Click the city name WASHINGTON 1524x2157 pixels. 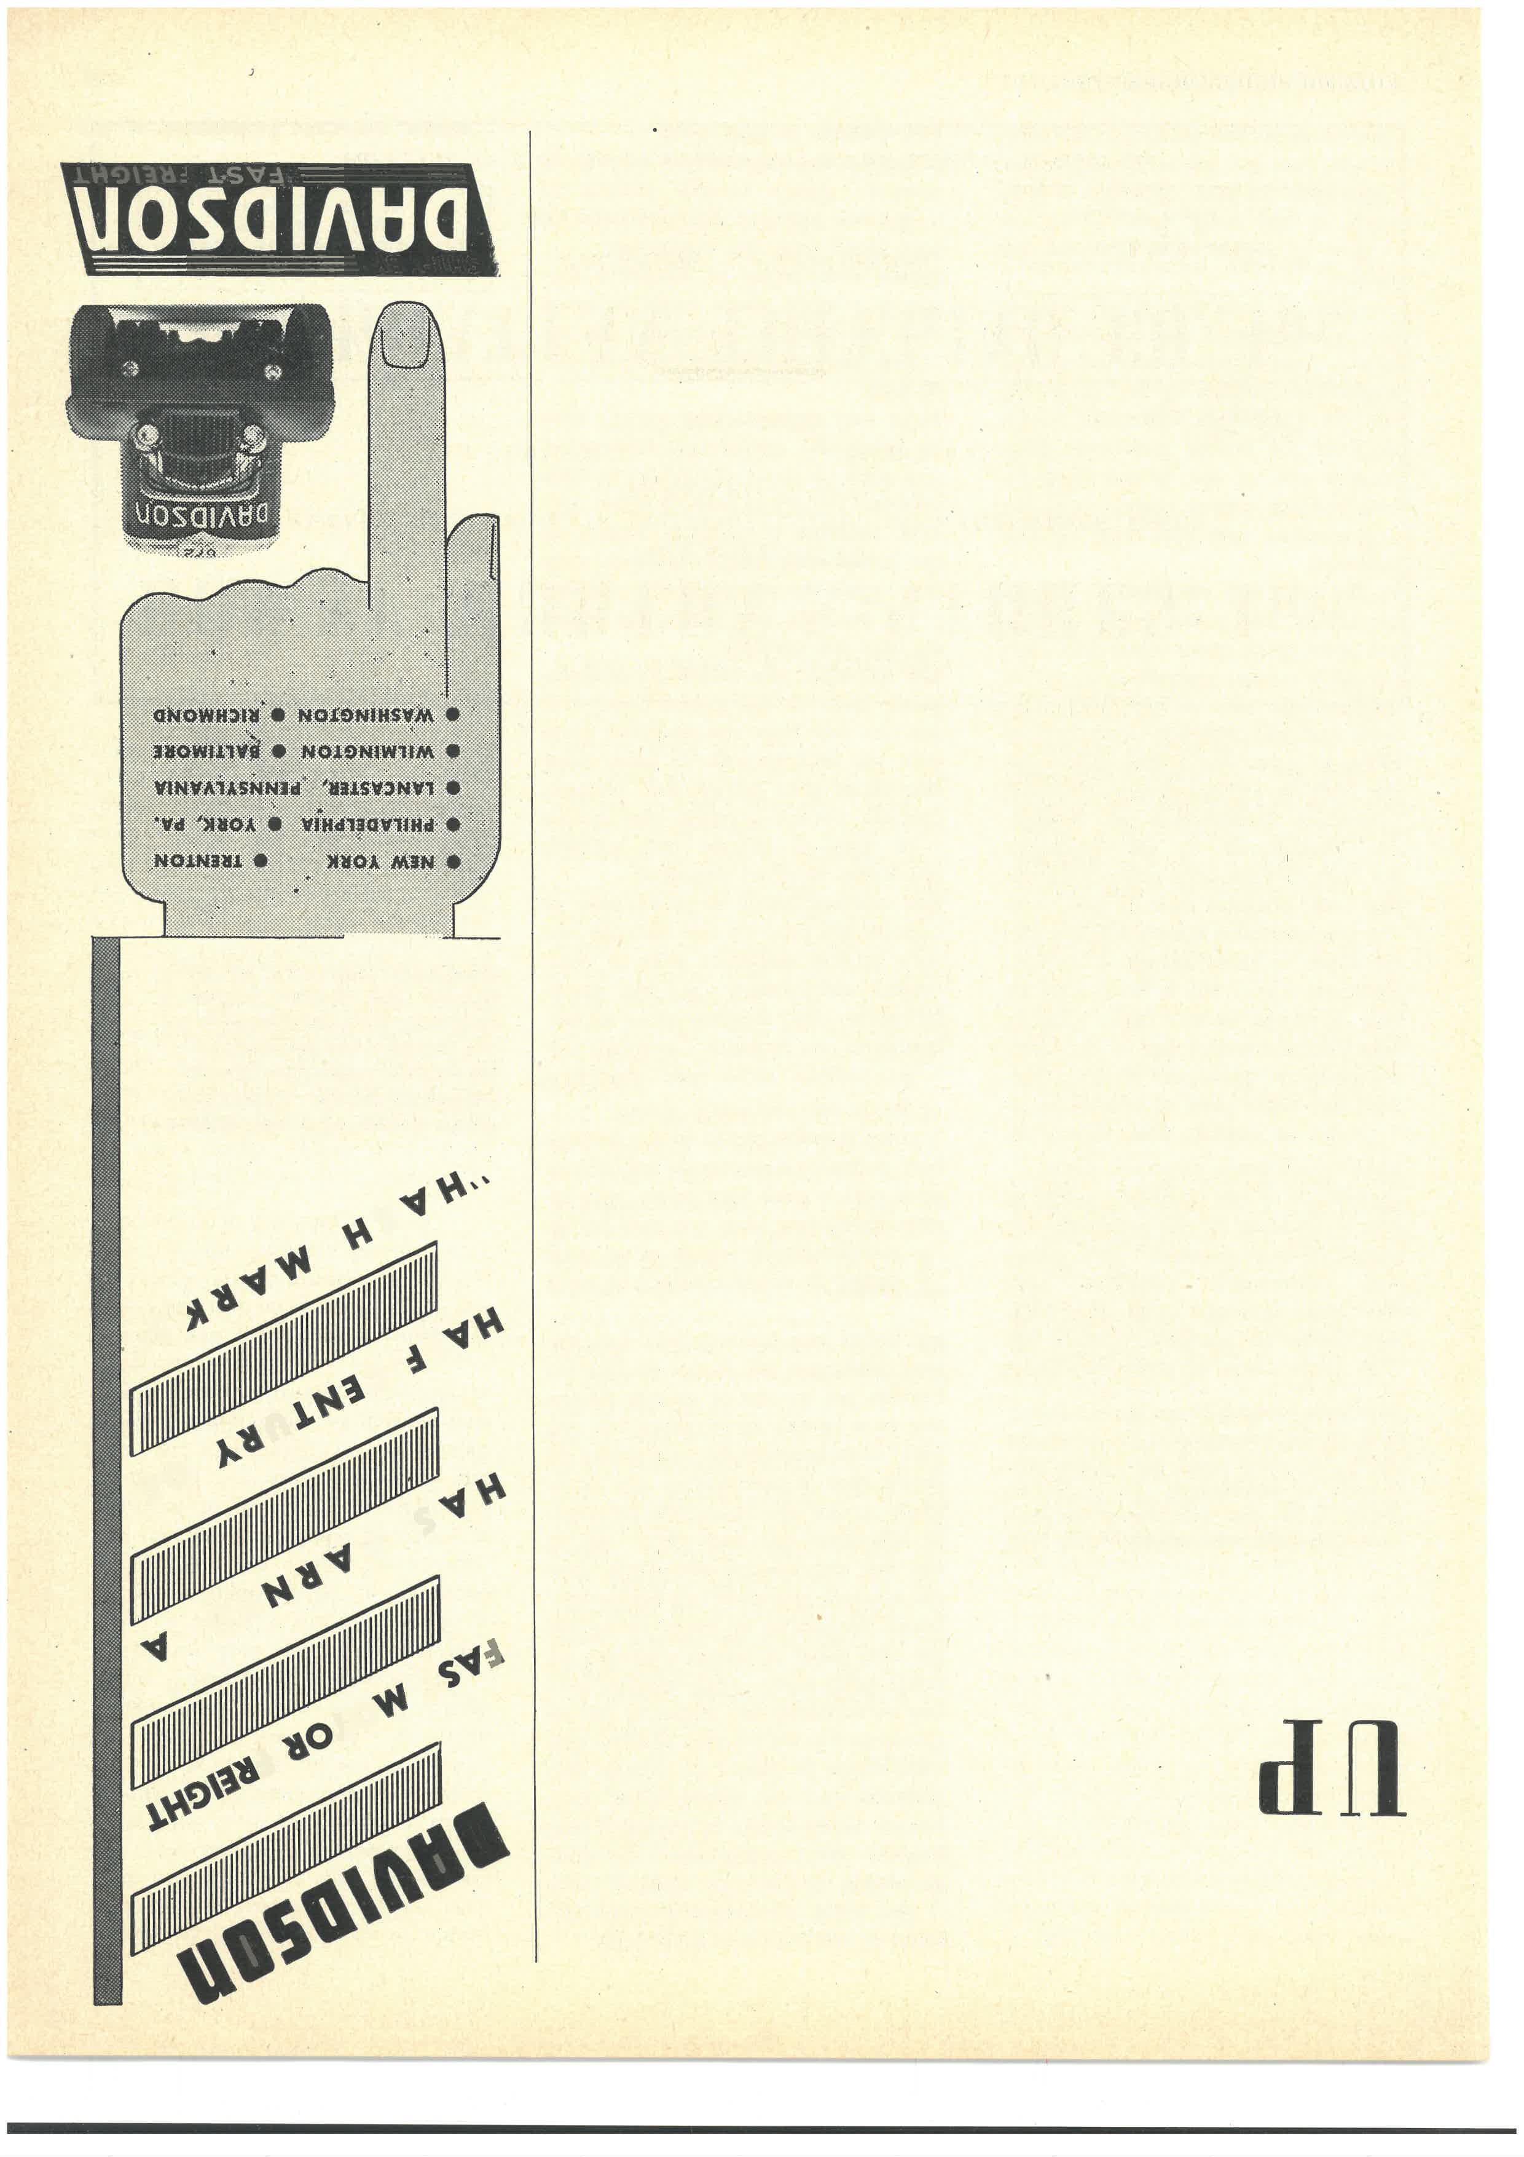(366, 714)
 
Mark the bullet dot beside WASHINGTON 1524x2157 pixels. (452, 714)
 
